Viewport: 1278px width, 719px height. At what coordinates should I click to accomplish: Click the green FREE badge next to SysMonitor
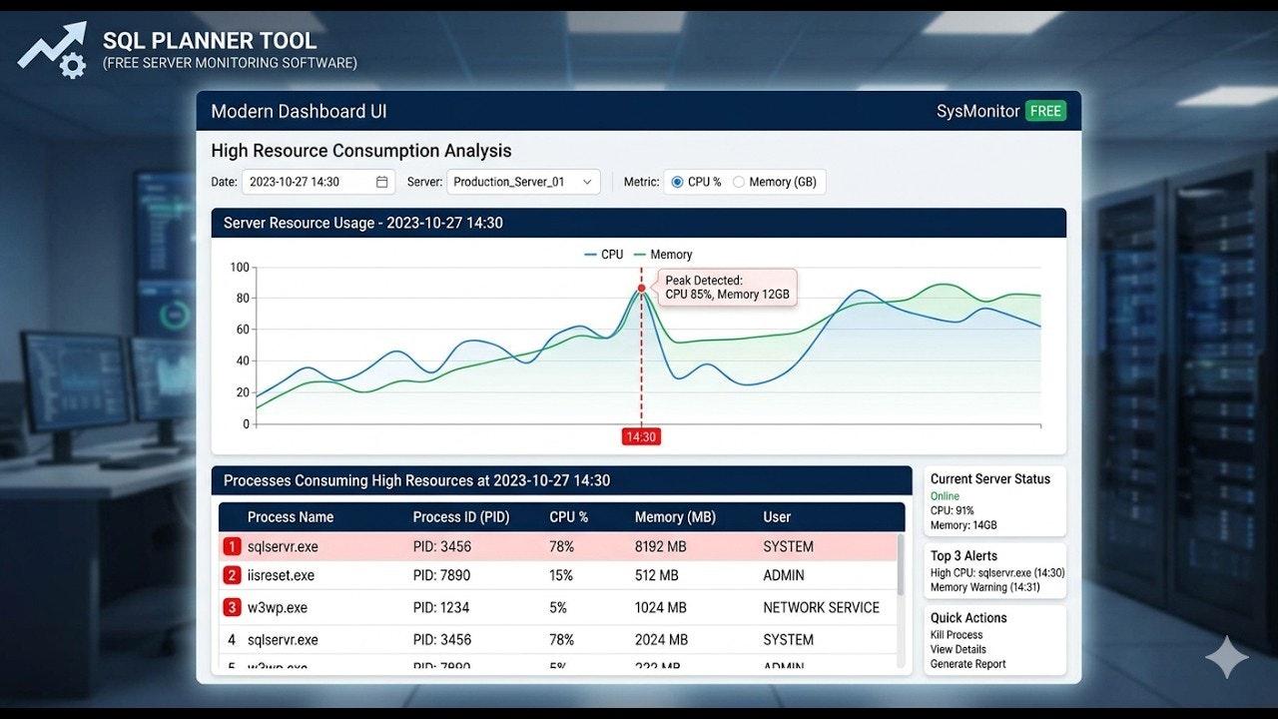tap(1045, 111)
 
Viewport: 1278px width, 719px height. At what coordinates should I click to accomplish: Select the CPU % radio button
tap(678, 182)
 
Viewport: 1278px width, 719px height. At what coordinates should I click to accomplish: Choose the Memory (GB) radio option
tap(739, 182)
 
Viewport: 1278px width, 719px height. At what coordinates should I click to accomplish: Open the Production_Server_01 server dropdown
tap(523, 182)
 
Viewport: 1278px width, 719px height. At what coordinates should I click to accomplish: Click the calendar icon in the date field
tap(382, 182)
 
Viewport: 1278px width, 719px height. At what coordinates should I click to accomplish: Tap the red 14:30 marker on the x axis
tap(640, 436)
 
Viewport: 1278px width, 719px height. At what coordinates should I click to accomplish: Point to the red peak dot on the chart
tap(641, 288)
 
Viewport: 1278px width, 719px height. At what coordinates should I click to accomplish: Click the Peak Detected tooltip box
tap(727, 288)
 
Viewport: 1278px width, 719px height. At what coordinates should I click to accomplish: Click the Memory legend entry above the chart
tap(663, 255)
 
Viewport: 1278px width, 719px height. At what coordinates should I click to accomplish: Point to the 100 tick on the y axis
tap(240, 267)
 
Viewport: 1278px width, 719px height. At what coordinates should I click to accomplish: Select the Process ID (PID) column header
tap(460, 517)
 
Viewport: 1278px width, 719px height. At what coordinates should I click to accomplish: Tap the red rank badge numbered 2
tap(232, 575)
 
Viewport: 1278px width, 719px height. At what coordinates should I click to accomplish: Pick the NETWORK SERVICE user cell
tap(821, 607)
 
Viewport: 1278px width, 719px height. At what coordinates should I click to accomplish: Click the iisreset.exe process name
tap(281, 575)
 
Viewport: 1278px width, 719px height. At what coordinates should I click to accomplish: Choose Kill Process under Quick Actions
tap(957, 635)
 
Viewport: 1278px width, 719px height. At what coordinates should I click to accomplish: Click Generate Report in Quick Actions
tap(967, 664)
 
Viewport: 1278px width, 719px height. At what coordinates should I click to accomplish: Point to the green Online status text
tap(945, 496)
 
